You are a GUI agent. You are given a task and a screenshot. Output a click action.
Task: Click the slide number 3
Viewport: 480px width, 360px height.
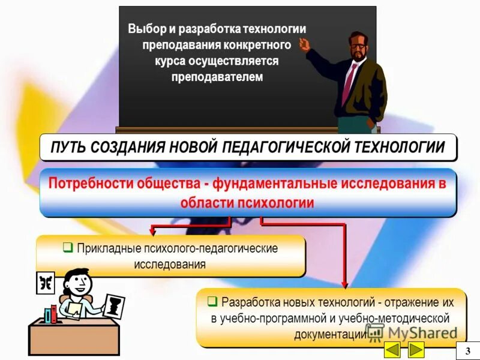[x=467, y=350]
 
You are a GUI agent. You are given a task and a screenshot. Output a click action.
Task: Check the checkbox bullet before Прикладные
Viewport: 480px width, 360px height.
[x=68, y=247]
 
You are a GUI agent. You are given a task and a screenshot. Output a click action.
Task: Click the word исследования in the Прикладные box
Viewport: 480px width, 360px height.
[x=170, y=264]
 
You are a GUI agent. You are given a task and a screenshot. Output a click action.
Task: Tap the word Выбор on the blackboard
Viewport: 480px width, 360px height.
[x=146, y=29]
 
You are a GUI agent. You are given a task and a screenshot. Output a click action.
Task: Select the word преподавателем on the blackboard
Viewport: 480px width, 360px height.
[x=217, y=77]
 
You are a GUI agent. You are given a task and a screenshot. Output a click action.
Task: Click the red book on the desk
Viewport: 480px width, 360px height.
[x=54, y=313]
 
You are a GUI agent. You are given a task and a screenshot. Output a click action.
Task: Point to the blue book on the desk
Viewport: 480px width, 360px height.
[x=48, y=314]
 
